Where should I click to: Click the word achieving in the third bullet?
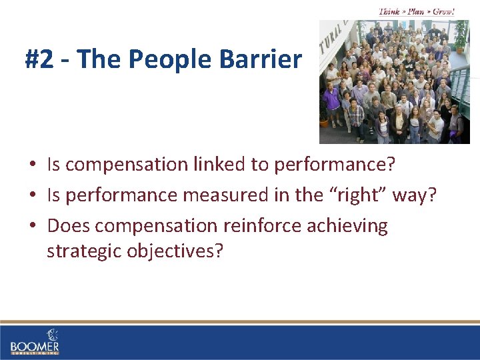tap(347, 226)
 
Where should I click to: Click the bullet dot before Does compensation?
tap(32, 226)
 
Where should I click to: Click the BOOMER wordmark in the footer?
tap(35, 347)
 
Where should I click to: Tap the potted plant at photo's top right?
tap(460, 33)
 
